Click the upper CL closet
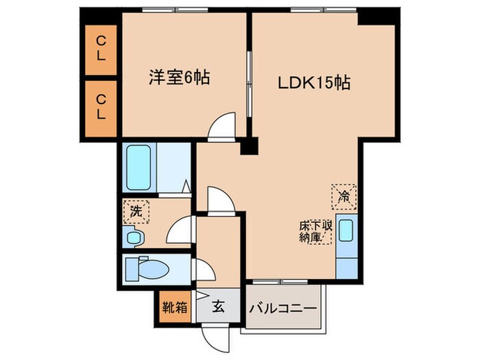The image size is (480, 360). [101, 49]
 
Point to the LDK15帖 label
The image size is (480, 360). [314, 83]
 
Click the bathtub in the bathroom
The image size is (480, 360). [141, 168]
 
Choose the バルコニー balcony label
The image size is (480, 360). [283, 308]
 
